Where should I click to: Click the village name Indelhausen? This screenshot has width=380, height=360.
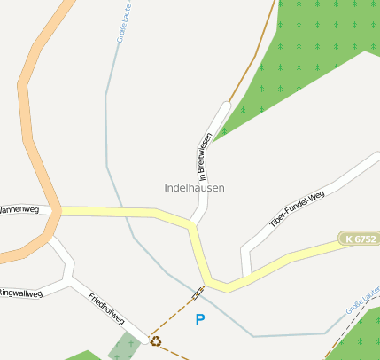pyautogui.click(x=194, y=188)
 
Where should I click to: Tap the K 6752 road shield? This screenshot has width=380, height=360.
pyautogui.click(x=358, y=239)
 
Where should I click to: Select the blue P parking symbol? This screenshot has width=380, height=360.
pyautogui.click(x=200, y=319)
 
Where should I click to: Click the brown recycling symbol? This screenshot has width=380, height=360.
pyautogui.click(x=156, y=340)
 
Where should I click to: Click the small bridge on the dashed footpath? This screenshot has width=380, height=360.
pyautogui.click(x=197, y=293)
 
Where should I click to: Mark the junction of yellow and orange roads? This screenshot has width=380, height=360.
pyautogui.click(x=55, y=211)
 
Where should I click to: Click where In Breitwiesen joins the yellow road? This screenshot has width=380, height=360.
pyautogui.click(x=192, y=223)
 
